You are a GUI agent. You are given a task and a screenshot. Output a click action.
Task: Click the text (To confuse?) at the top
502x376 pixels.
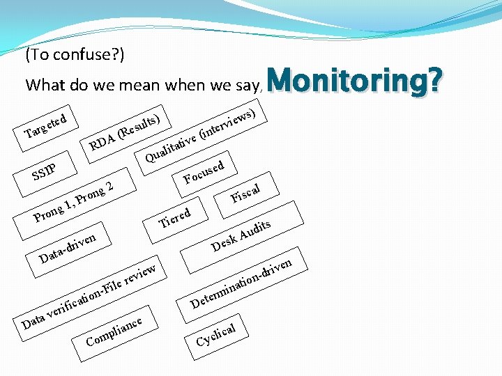[x=75, y=54]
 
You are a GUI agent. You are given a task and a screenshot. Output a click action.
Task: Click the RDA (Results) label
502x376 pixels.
[x=125, y=130]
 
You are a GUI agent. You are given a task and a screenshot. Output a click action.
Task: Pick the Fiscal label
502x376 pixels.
[x=245, y=193]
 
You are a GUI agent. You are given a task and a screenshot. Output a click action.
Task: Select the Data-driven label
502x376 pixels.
[x=68, y=248]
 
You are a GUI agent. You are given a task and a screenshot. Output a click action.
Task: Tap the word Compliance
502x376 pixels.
[x=114, y=331]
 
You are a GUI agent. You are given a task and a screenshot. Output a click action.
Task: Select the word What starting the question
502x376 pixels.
[x=45, y=86]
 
